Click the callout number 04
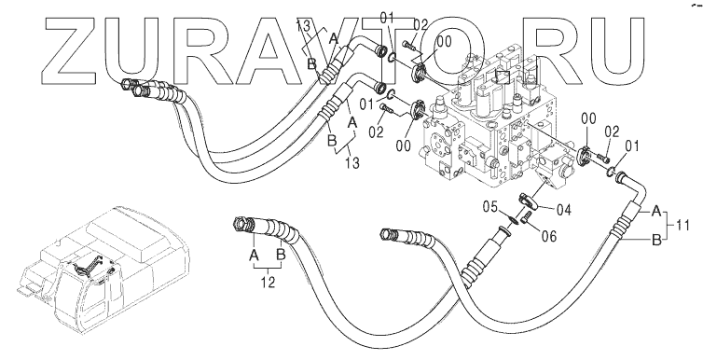[x=563, y=209]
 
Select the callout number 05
[x=490, y=207]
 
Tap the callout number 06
[x=549, y=235]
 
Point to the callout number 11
[x=682, y=225]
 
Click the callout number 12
[x=268, y=283]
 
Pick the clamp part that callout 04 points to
[x=528, y=201]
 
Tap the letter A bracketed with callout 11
[x=656, y=211]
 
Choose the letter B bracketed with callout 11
[x=656, y=241]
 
